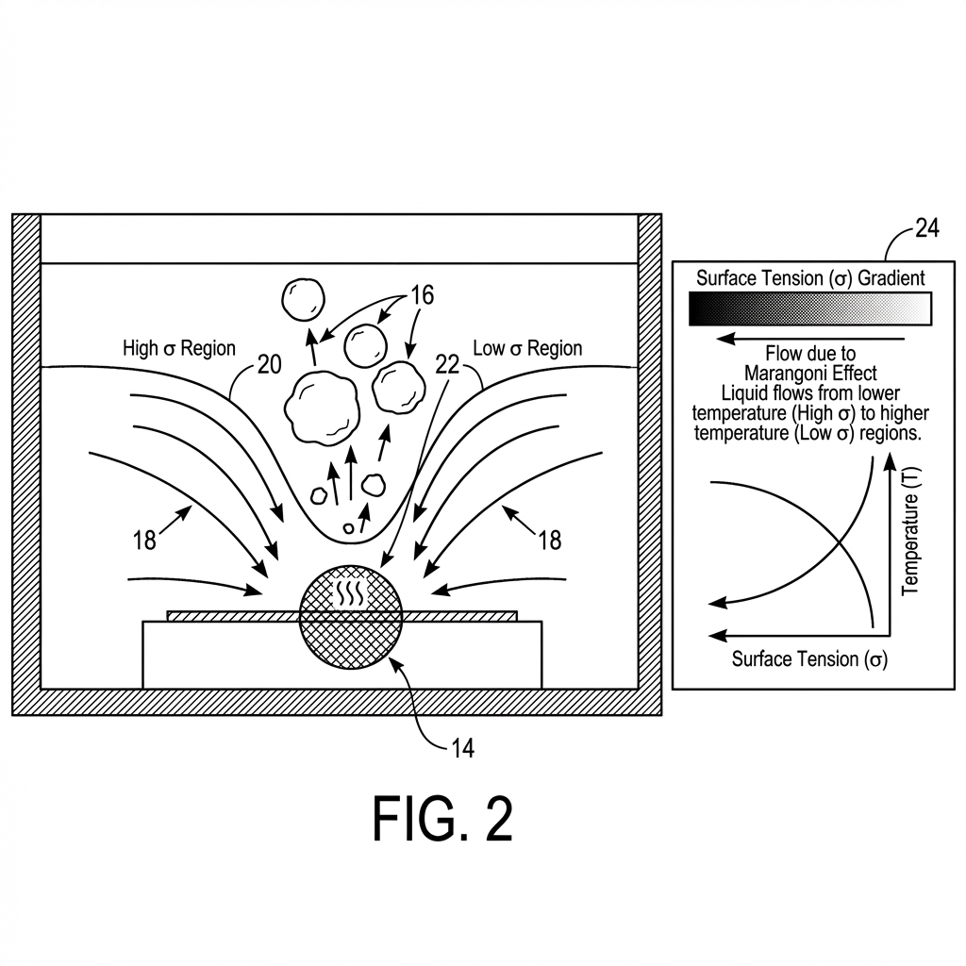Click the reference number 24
click(926, 228)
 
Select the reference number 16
click(422, 295)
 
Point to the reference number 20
click(269, 364)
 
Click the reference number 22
click(446, 364)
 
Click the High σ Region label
click(179, 348)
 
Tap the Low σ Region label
click(527, 348)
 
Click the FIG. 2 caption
click(442, 818)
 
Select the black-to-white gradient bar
click(810, 308)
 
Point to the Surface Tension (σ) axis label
click(809, 658)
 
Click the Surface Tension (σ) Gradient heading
click(810, 277)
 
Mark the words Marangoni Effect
click(810, 373)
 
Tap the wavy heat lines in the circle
click(350, 592)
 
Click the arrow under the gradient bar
click(810, 337)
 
